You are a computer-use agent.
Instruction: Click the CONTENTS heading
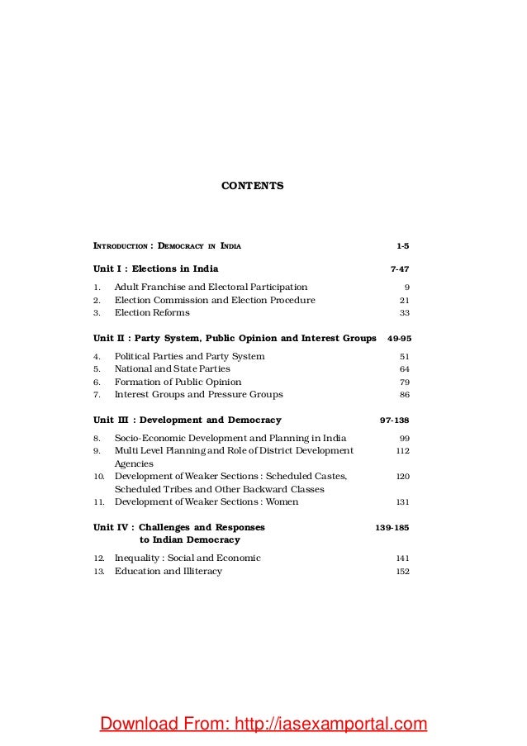point(252,187)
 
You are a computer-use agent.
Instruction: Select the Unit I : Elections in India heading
point(155,268)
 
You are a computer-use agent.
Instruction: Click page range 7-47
point(399,269)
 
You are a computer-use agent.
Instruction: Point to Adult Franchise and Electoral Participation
point(211,287)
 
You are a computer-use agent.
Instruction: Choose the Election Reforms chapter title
point(152,313)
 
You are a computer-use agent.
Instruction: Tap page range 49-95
point(398,339)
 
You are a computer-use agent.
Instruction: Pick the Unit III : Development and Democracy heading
point(187,421)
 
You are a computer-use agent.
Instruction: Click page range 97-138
point(394,421)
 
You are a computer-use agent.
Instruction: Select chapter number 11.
point(97,501)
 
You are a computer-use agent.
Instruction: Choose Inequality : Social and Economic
point(188,558)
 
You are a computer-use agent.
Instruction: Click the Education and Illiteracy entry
point(168,571)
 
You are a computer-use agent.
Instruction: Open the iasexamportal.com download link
point(263,725)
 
